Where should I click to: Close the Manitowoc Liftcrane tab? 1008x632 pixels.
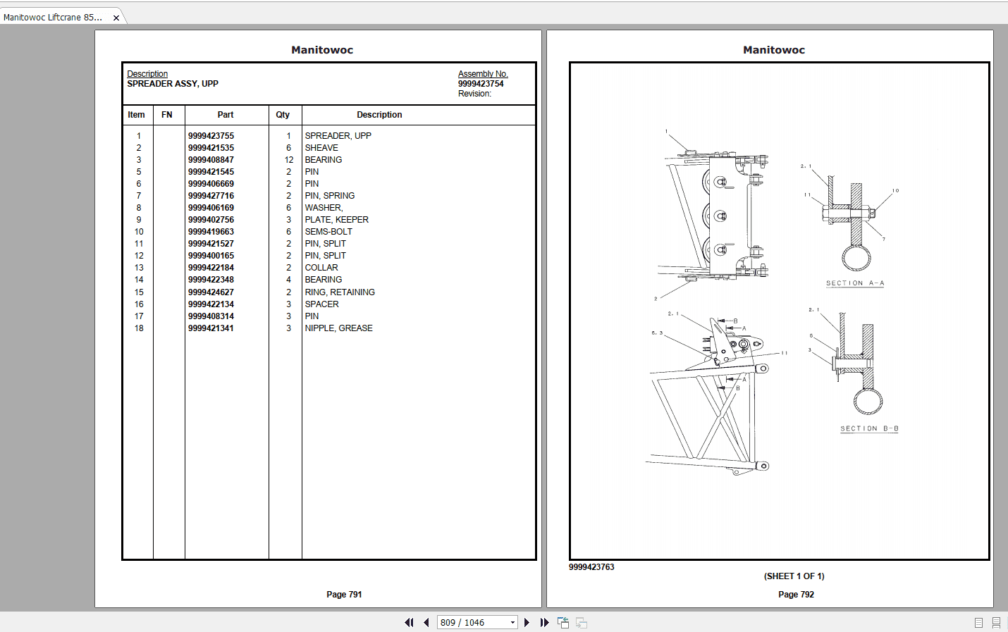coord(116,18)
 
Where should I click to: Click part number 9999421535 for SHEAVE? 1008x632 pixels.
coord(211,148)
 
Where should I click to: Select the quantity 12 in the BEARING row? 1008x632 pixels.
coord(288,160)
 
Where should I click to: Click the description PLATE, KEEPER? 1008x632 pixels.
coord(336,220)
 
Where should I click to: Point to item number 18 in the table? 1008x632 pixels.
coord(139,328)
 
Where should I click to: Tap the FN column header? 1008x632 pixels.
coord(167,115)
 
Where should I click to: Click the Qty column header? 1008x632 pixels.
coord(283,115)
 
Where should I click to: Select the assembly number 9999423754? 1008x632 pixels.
coord(481,84)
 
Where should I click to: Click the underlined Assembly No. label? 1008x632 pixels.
coord(483,74)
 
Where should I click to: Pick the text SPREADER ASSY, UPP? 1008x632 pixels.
coord(173,84)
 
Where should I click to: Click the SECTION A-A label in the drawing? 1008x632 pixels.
coord(855,283)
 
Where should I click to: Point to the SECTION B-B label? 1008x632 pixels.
coord(869,428)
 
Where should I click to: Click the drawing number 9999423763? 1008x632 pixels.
coord(591,567)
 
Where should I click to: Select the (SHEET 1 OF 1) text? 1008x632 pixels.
coord(794,576)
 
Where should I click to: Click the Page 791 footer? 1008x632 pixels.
coord(344,595)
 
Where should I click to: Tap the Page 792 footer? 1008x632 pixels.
coord(796,595)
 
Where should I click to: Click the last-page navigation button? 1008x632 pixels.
coord(544,623)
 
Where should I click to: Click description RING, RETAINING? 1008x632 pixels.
coord(340,292)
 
